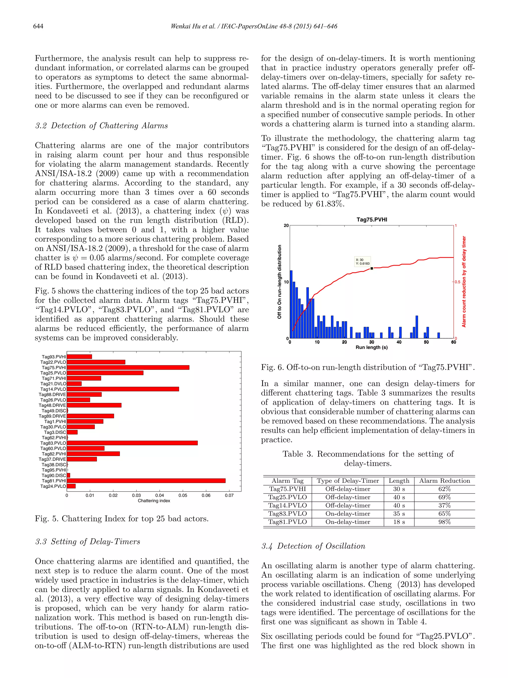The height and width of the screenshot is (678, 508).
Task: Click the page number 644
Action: [38, 26]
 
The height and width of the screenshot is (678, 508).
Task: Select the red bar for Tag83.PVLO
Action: [132, 443]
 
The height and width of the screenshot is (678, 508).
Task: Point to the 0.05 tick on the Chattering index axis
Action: [183, 495]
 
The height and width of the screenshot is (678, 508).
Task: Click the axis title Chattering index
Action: [154, 500]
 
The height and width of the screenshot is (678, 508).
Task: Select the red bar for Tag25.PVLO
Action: [105, 373]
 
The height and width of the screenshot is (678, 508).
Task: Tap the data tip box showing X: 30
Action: [363, 261]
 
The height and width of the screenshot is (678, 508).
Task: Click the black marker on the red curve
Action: [372, 268]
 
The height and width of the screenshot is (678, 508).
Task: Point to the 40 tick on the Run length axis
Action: [399, 342]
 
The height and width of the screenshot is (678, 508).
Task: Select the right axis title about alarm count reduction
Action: [464, 281]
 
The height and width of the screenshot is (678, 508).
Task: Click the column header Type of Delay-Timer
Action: [348, 481]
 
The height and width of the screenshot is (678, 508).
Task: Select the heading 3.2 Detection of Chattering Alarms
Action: [101, 126]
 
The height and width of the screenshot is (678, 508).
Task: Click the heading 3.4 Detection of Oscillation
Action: [313, 546]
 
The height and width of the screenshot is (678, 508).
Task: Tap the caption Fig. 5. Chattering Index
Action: [122, 519]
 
